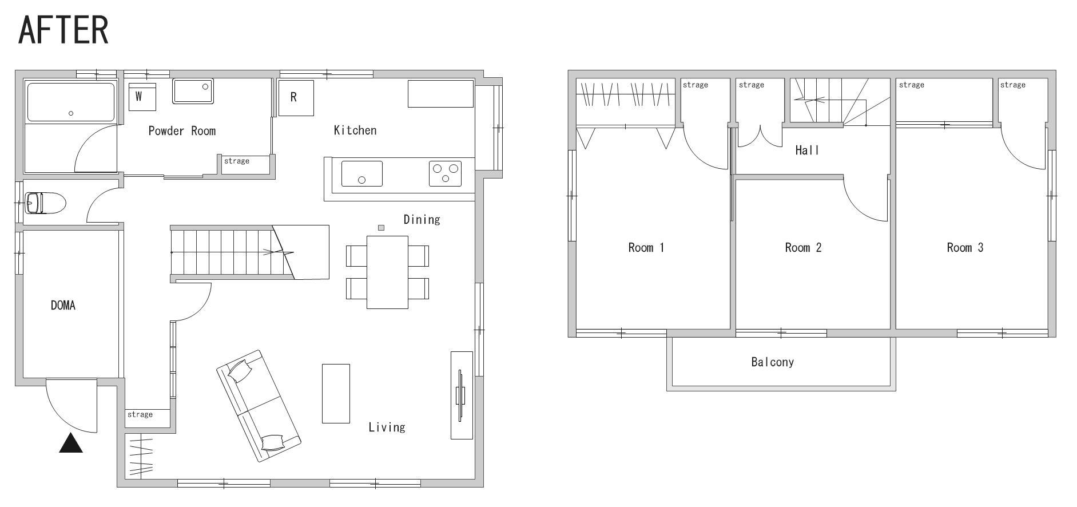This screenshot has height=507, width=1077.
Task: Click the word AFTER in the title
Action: [63, 30]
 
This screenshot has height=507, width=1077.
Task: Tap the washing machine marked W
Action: [142, 97]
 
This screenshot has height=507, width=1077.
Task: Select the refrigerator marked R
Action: [296, 98]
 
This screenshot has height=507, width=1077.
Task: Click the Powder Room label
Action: [182, 130]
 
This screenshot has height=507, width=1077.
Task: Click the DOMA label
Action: [63, 305]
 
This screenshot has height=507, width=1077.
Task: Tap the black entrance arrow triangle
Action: [71, 443]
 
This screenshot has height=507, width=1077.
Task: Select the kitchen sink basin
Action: [362, 173]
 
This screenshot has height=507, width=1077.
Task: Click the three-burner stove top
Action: [446, 173]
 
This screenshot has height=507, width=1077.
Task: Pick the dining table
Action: [387, 272]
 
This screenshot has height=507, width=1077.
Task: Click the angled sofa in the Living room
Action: [259, 406]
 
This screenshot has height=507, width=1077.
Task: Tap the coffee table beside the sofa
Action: [336, 394]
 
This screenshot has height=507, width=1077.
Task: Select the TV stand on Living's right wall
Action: [462, 395]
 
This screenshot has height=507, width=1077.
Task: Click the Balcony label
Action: [772, 362]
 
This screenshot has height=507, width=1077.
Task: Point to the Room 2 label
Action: [803, 247]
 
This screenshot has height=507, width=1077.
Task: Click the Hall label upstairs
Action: [807, 150]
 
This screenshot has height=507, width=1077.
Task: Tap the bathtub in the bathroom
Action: [71, 102]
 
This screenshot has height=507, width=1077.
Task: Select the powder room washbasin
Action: [193, 92]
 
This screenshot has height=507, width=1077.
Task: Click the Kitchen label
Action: [355, 130]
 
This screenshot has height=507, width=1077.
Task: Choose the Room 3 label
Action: [965, 247]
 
